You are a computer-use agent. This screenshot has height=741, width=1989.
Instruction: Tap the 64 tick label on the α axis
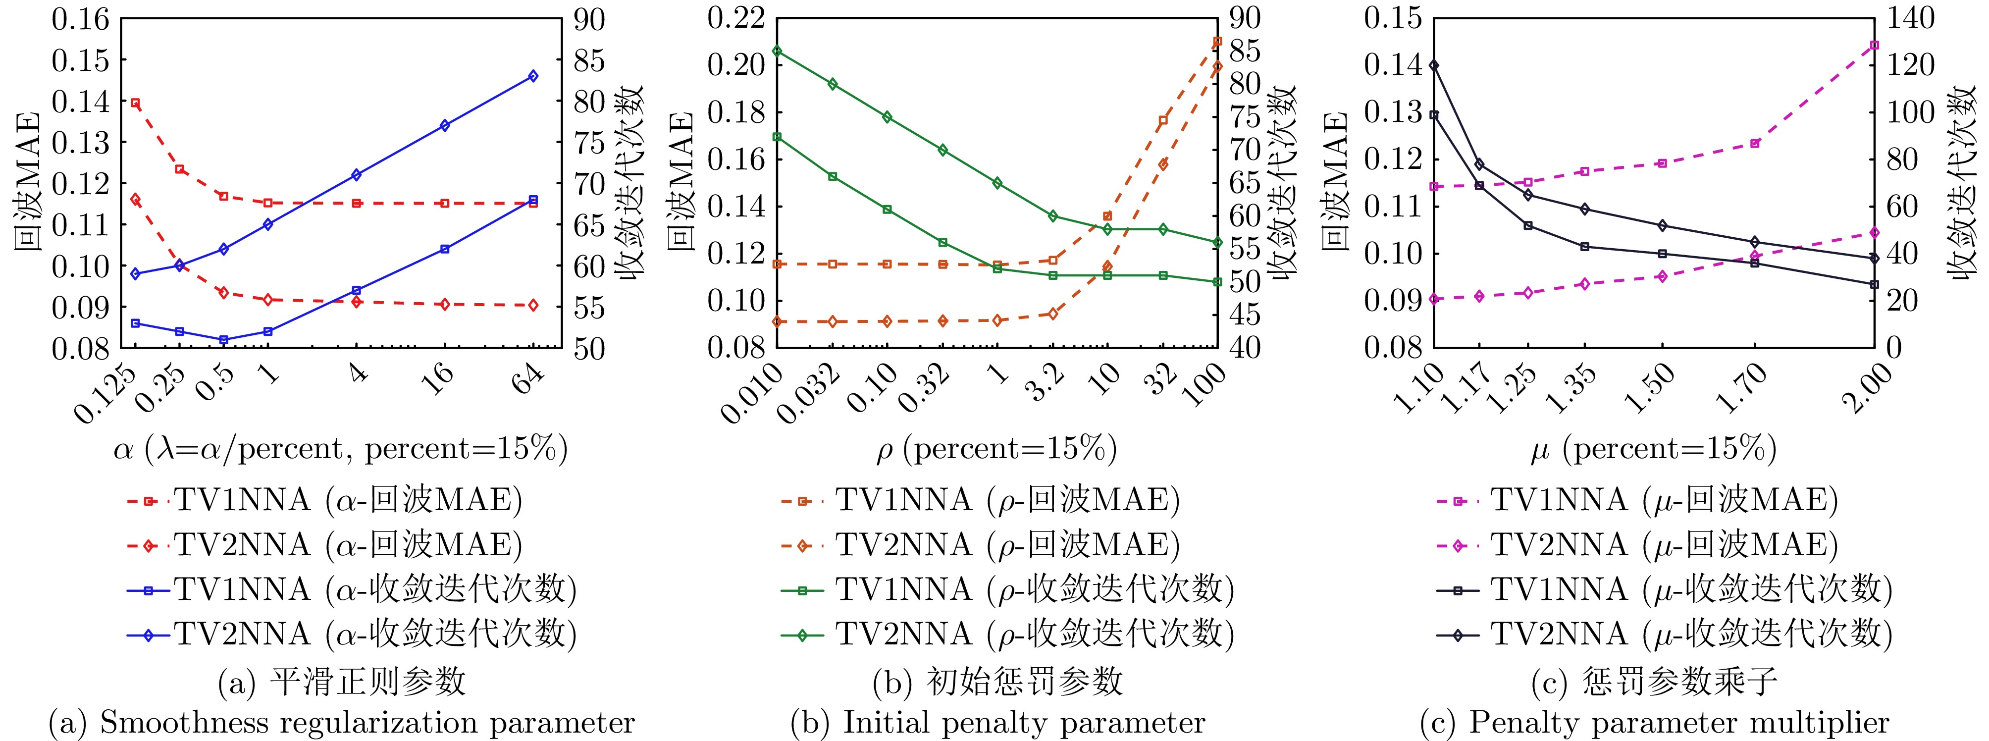528,379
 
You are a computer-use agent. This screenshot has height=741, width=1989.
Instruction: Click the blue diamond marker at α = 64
533,76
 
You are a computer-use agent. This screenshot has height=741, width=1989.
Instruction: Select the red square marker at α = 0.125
135,103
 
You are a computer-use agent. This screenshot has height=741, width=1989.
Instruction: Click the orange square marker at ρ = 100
1218,41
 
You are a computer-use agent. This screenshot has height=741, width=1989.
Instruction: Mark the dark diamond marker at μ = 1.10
1434,65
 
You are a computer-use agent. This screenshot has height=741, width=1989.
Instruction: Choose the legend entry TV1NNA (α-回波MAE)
348,500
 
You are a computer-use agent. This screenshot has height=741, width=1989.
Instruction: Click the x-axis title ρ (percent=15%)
996,448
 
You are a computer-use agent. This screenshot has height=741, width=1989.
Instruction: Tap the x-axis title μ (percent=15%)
1652,448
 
